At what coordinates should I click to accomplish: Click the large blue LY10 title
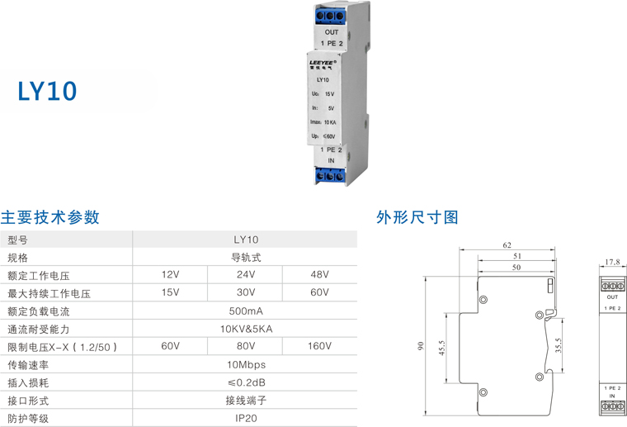[x=48, y=91]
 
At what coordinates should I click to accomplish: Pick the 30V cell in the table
[x=245, y=292]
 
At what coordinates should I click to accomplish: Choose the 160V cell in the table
[x=319, y=347]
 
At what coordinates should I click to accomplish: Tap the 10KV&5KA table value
[x=245, y=329]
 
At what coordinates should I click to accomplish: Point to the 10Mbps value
[x=245, y=364]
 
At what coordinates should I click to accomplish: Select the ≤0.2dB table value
[x=245, y=382]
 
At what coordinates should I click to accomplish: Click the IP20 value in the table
[x=245, y=418]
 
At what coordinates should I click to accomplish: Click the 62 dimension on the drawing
[x=507, y=245]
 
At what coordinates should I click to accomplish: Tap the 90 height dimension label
[x=420, y=348]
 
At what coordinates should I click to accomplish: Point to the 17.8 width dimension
[x=611, y=263]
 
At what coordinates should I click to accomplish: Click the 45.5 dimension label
[x=442, y=349]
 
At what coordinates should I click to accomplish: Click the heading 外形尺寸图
[x=417, y=218]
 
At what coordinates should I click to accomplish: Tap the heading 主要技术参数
[x=50, y=218]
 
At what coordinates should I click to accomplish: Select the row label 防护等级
[x=29, y=419]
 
